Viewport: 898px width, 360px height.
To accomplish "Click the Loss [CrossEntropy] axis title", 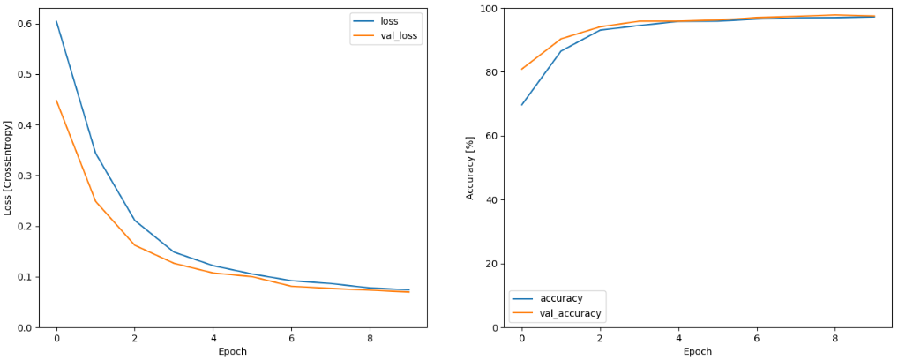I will pyautogui.click(x=8, y=169).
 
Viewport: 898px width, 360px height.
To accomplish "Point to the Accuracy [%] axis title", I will pyautogui.click(x=470, y=168).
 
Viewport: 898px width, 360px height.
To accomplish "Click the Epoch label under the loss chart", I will pyautogui.click(x=232, y=351).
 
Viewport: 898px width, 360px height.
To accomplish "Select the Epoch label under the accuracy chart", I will pyautogui.click(x=697, y=351).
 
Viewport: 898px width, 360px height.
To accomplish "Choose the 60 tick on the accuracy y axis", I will pyautogui.click(x=491, y=136).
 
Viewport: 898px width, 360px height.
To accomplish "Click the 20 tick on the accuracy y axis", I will pyautogui.click(x=491, y=264).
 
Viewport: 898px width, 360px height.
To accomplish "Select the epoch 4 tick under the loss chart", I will pyautogui.click(x=213, y=336).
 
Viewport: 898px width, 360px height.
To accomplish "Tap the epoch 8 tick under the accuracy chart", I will pyautogui.click(x=834, y=336).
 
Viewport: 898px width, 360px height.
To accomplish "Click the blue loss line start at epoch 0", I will pyautogui.click(x=56, y=21).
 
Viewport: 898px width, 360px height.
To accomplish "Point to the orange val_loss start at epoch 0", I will pyautogui.click(x=56, y=101).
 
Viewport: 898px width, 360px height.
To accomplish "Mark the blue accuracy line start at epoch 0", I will pyautogui.click(x=521, y=105).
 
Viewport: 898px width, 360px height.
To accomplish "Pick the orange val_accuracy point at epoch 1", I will pyautogui.click(x=560, y=39).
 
